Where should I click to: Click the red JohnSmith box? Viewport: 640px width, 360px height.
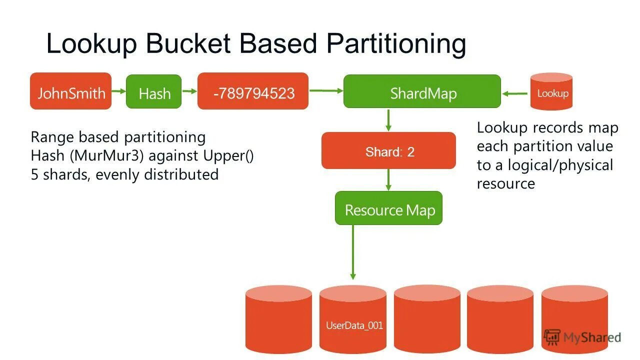point(70,91)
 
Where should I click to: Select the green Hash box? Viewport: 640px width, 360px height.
point(154,92)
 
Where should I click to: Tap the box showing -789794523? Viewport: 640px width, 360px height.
point(253,91)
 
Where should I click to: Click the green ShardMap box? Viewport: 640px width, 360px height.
point(422,91)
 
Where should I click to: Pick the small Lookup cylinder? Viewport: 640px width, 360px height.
point(551,92)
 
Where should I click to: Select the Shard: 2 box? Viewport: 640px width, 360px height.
point(388,151)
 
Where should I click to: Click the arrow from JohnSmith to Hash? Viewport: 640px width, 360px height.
point(118,91)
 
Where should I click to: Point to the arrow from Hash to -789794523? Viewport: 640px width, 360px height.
point(189,91)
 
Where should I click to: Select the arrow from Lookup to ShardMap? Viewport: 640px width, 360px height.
point(515,93)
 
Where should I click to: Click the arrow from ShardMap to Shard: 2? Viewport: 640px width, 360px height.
point(388,120)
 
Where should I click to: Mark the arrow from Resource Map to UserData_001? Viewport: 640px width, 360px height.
point(353,252)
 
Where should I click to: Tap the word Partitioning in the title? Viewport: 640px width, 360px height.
point(396,43)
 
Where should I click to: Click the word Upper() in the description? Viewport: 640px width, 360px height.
point(228,156)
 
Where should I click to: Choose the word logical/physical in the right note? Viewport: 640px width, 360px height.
point(560,165)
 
